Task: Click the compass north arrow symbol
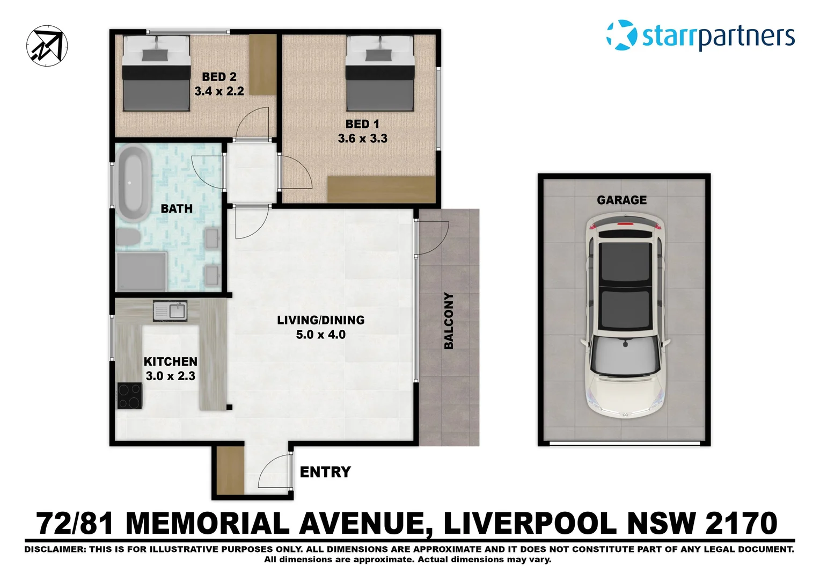47,46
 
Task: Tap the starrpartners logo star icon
621,35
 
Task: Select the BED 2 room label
219,77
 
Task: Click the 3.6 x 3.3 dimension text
362,139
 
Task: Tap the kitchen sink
170,311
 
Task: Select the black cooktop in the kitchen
130,396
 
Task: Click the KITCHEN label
170,361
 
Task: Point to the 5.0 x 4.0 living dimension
320,335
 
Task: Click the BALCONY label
449,321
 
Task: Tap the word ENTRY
325,472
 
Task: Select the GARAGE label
621,200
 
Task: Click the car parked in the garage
625,317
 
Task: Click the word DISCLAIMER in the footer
54,549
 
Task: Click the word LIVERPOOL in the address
530,524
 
